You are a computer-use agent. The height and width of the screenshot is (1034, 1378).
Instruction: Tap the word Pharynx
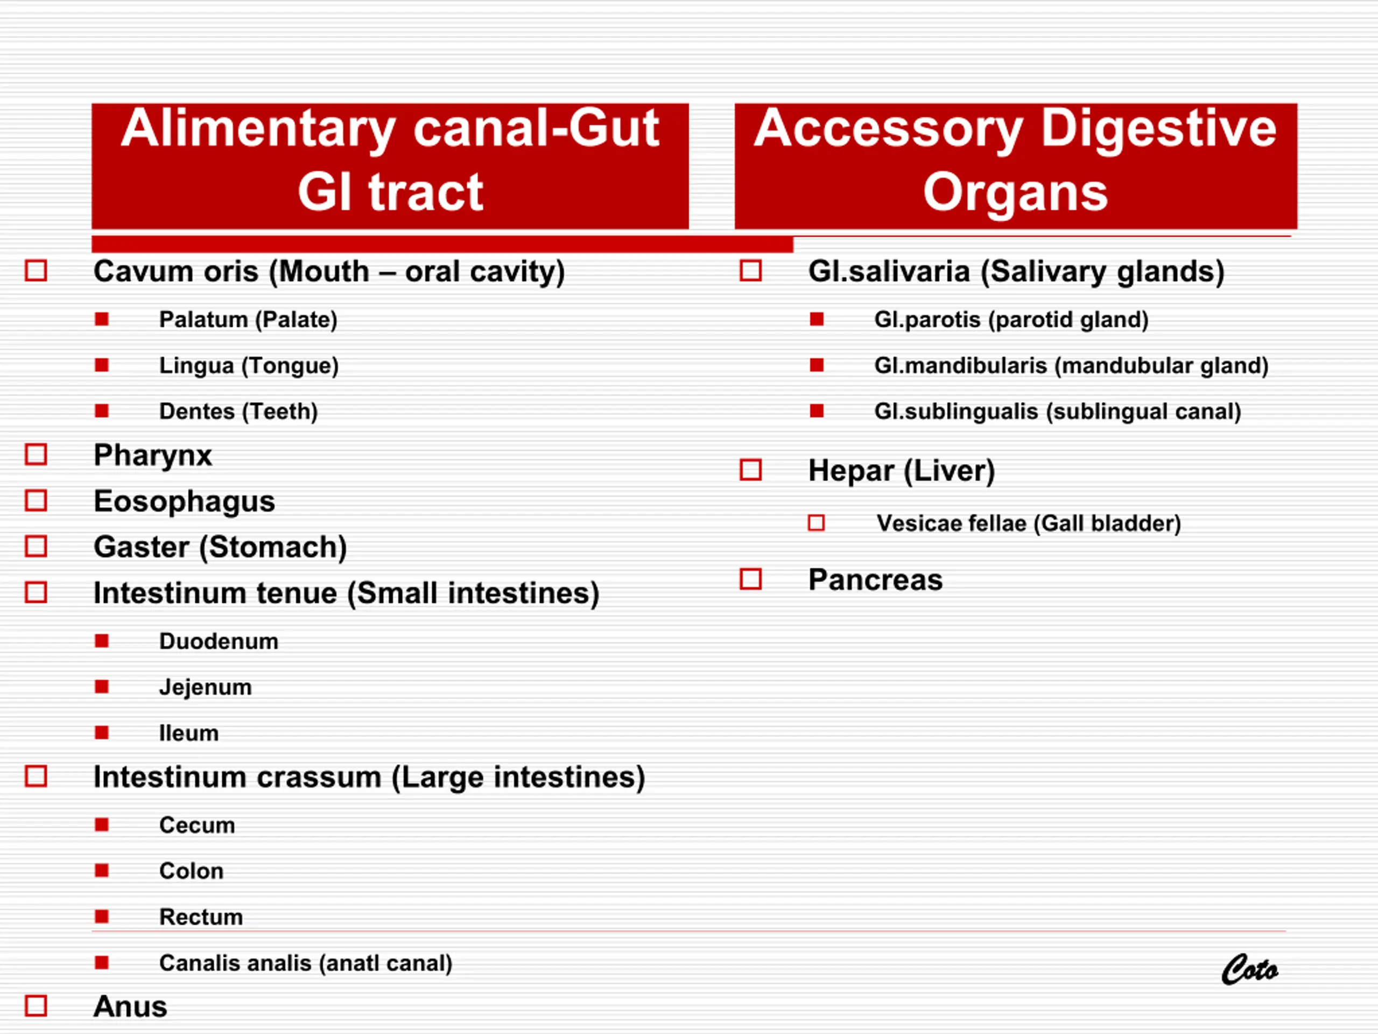153,456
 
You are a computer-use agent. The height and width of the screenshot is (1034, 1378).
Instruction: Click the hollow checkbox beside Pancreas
751,579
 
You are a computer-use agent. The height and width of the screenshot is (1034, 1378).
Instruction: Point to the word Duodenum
219,641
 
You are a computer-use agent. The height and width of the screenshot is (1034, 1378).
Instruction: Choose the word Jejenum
206,688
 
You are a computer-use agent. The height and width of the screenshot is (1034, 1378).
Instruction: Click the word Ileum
189,733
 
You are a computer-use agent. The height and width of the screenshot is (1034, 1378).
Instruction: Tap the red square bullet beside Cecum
102,825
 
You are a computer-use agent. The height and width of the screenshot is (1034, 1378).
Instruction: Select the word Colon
191,871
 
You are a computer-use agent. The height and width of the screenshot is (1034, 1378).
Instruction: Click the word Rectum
201,917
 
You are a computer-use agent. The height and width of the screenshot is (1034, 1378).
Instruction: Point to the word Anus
130,1007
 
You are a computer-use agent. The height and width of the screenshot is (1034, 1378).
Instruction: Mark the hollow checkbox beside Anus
36,1005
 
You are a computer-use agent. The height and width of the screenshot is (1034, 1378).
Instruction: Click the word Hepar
851,471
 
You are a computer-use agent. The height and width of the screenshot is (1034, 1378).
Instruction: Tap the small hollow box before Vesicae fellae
816,523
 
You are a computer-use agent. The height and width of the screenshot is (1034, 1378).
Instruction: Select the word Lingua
197,366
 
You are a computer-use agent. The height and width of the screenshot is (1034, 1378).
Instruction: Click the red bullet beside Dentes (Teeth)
102,411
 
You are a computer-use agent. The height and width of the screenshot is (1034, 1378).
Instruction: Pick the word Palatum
203,320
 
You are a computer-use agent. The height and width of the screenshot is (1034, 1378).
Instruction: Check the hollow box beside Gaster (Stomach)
36,547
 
